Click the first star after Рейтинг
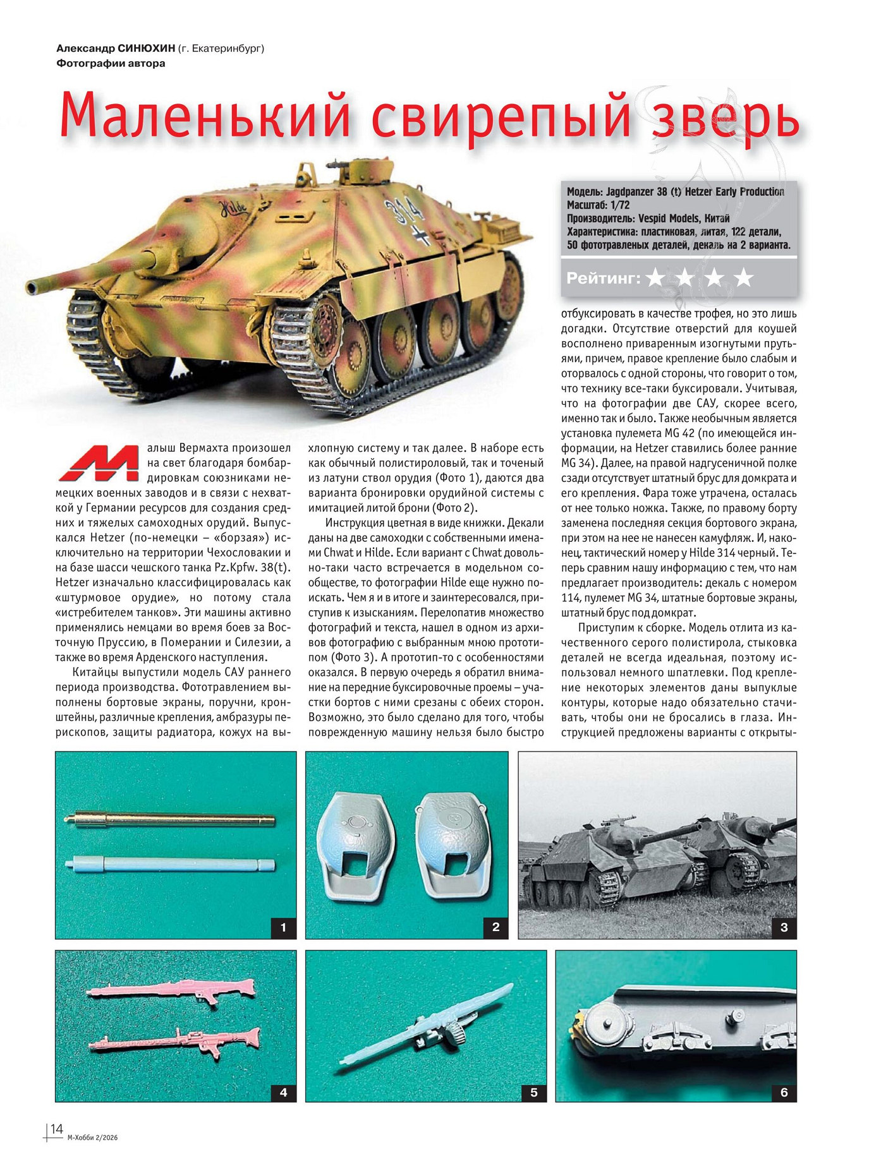[655, 278]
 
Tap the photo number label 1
[283, 927]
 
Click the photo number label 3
[784, 927]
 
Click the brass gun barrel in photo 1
[171, 820]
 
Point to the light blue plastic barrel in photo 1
[171, 863]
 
